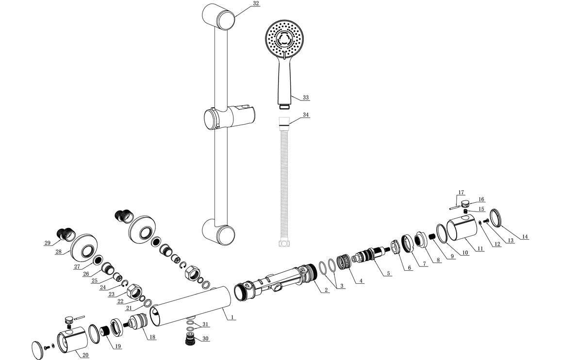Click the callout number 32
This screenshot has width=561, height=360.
(x=256, y=3)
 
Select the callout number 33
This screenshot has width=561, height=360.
(x=305, y=98)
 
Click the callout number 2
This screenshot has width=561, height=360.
(x=327, y=290)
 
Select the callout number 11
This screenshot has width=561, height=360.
(x=480, y=249)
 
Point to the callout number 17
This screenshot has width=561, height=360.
(x=461, y=193)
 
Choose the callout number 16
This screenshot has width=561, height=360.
(x=481, y=199)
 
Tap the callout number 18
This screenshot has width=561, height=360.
(x=153, y=337)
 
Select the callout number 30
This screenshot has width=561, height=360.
(x=205, y=339)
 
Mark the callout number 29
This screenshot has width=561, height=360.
(x=47, y=243)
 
